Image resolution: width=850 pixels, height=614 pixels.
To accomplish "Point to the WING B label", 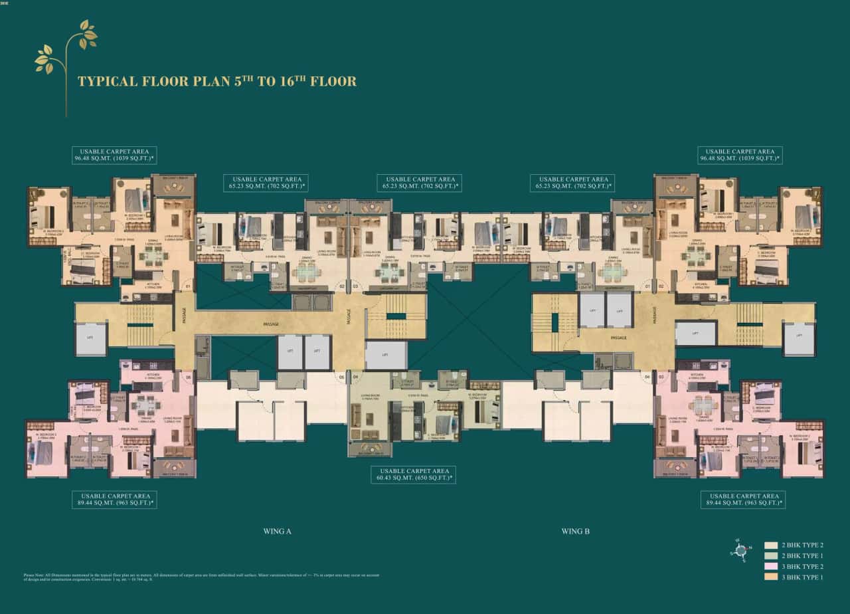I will [575, 531].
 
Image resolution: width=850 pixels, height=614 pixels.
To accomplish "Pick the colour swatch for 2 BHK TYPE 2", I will [770, 546].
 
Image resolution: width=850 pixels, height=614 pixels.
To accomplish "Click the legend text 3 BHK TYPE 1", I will [803, 577].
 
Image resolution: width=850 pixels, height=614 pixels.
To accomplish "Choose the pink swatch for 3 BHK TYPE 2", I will [770, 567].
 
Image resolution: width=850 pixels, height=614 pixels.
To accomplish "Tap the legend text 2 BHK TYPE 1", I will [803, 556].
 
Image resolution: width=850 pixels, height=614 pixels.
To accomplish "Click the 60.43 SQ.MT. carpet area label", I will [412, 474].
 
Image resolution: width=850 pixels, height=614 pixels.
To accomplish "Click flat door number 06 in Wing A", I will [189, 377].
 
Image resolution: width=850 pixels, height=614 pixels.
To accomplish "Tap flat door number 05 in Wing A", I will [342, 377].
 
